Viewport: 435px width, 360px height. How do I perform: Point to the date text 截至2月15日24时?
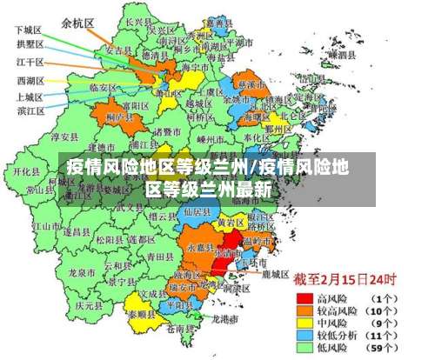point(345,280)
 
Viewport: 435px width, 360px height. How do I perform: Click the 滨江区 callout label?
point(29,110)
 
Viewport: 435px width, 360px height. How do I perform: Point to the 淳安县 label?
point(65,137)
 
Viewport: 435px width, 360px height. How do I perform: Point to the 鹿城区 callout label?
point(275,274)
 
